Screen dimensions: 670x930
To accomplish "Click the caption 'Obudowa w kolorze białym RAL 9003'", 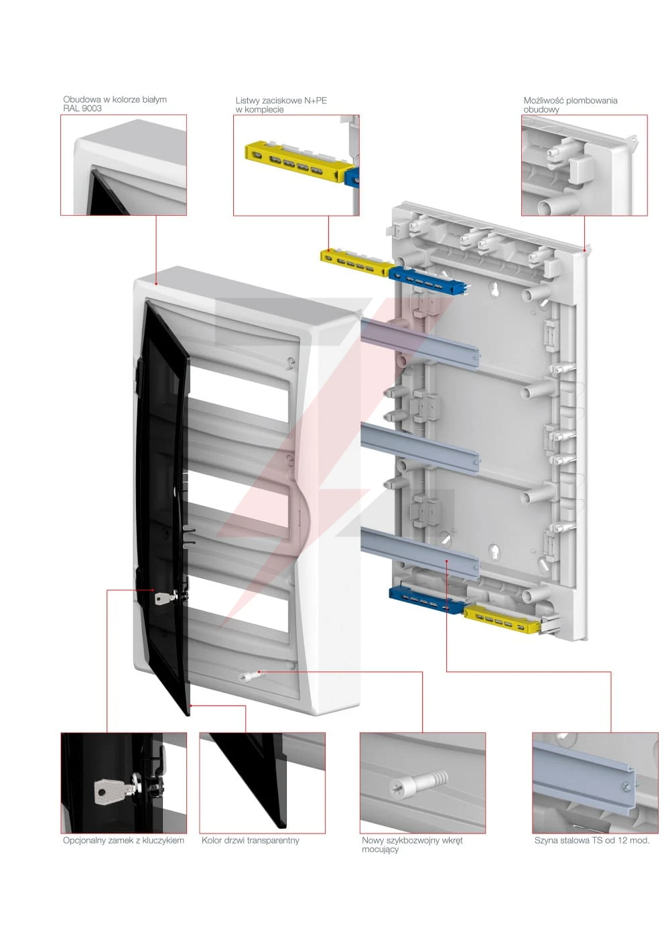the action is pos(115,104).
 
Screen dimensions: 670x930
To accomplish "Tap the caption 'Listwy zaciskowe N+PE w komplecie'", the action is pos(281,105).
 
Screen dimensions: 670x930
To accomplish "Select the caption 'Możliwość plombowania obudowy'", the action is pos(570,105).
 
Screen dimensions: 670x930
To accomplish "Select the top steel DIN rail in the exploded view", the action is pos(419,342).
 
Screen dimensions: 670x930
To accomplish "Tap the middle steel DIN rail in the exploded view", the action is pos(419,448).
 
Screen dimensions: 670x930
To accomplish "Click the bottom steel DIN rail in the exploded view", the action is pos(419,553).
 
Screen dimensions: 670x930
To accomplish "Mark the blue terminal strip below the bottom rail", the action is pos(426,600).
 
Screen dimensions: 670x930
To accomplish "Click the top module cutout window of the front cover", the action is pos(239,387).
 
